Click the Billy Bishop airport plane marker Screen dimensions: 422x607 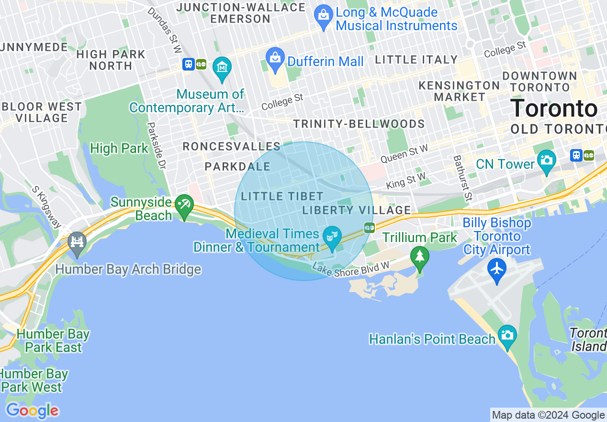coord(497,269)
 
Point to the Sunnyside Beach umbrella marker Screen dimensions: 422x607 coord(184,205)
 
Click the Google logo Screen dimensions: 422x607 coord(32,410)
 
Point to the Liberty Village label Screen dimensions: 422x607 coord(357,210)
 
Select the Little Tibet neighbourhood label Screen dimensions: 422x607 coord(282,196)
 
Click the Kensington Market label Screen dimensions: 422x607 coord(459,91)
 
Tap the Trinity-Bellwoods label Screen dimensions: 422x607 coord(359,124)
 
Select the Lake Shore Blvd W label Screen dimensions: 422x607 coord(351,268)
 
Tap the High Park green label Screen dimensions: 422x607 coord(119,149)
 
